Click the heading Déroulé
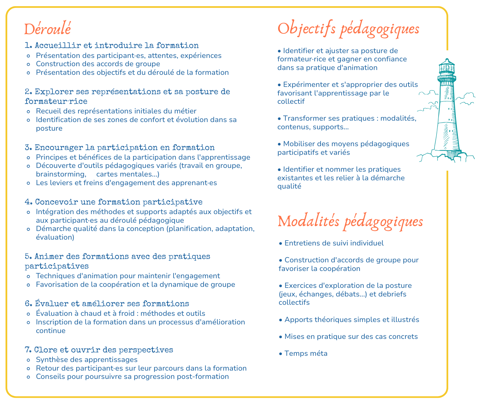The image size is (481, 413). [x=47, y=29]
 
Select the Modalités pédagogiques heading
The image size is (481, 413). [x=350, y=221]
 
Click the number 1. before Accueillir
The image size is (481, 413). [x=28, y=46]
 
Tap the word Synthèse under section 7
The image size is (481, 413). [x=51, y=360]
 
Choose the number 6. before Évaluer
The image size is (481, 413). [x=28, y=304]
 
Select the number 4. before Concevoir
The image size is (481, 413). [x=28, y=202]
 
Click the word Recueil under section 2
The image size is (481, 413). [x=48, y=111]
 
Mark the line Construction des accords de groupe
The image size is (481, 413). [x=98, y=64]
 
